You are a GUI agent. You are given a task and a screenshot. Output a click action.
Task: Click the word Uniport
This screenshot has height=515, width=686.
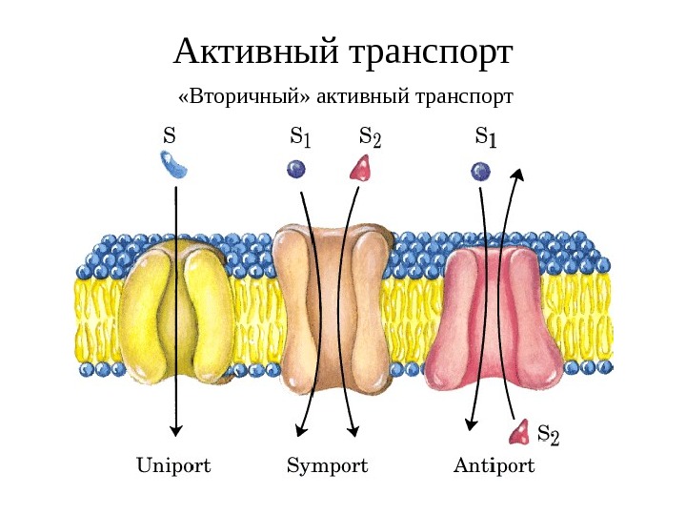173,466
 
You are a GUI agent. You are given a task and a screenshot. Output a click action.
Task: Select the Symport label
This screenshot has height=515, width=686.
327,466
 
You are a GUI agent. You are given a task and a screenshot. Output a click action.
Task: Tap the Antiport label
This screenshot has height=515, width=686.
494,466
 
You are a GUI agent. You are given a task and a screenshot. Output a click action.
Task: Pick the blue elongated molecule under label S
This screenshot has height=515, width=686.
174,167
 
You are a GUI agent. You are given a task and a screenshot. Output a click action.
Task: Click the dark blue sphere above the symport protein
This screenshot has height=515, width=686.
296,169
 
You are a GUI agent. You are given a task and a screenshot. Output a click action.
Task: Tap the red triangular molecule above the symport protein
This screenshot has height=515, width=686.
360,169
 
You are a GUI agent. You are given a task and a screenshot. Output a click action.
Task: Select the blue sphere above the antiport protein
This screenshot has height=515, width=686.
480,171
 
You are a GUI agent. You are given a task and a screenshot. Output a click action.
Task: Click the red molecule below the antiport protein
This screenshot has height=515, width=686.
520,434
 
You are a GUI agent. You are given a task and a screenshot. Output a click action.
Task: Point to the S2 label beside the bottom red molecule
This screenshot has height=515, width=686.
549,436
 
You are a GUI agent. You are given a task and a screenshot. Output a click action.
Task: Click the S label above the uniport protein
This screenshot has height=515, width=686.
170,135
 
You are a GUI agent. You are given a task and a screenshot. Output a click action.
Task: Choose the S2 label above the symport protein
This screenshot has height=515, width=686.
370,137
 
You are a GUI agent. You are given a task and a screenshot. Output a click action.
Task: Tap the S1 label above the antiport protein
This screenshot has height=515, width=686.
485,137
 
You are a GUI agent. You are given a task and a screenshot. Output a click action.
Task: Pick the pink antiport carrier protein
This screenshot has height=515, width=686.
495,319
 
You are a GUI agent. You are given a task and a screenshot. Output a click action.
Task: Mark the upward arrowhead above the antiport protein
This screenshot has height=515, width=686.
517,175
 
